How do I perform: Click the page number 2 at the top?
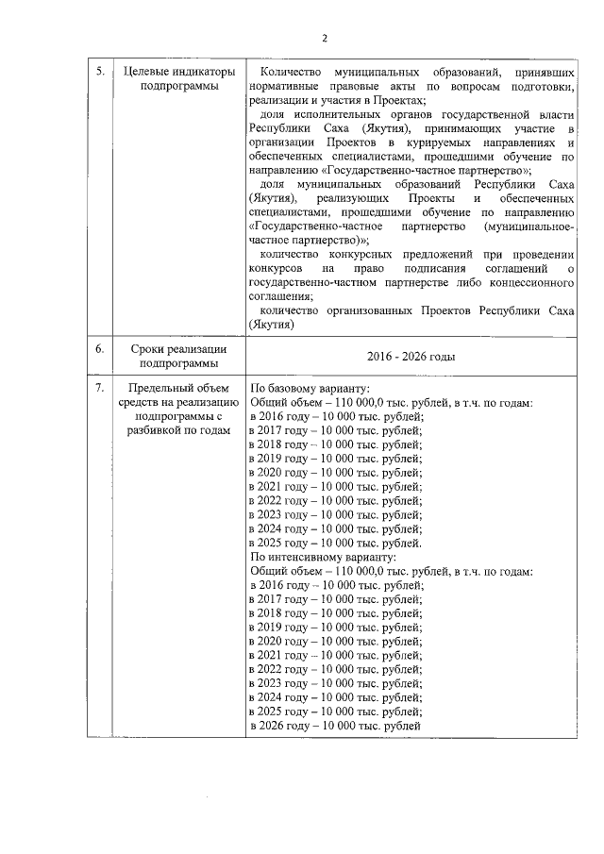[324, 38]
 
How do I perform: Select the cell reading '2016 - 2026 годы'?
[411, 357]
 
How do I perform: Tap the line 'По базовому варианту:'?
[309, 388]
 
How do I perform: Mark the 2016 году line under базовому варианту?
[336, 416]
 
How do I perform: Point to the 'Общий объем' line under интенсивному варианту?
[391, 571]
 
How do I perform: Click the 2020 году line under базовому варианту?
[336, 472]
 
